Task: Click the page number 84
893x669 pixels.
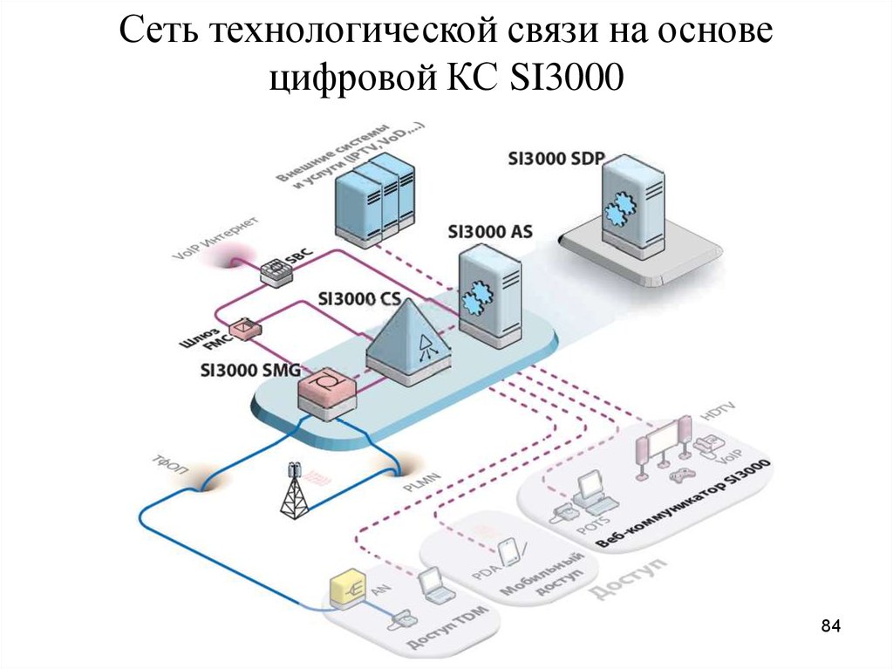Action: pos(830,626)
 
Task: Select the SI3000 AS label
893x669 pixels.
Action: pos(489,233)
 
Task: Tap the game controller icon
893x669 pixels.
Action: pos(677,475)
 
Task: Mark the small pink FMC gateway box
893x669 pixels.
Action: pos(249,327)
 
